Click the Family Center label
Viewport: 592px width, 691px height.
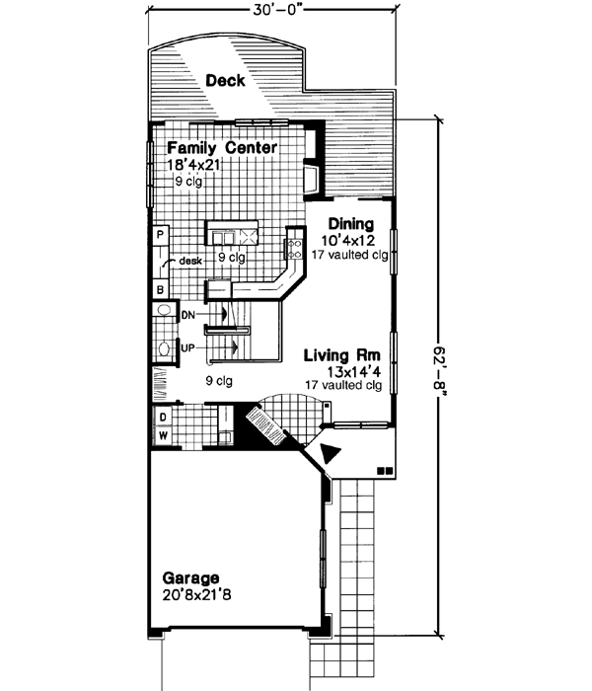(x=214, y=148)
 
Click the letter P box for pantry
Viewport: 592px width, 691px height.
(x=159, y=235)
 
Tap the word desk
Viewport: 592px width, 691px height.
(x=190, y=261)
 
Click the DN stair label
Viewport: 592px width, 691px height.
(x=189, y=314)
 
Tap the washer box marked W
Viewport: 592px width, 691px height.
(x=162, y=434)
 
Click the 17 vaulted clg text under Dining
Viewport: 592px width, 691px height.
(x=347, y=254)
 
